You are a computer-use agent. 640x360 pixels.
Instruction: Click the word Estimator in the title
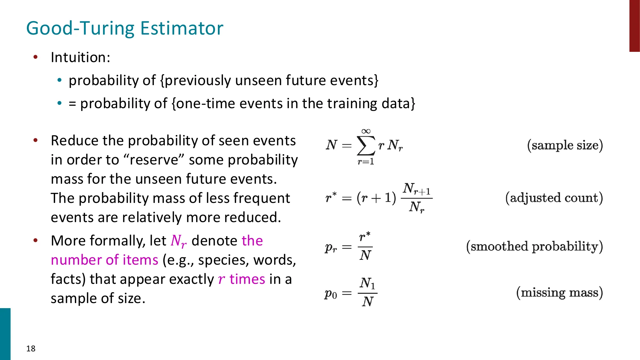(181, 28)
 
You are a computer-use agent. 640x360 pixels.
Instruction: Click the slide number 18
(31, 348)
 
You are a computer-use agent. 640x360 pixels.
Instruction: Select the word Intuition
(80, 58)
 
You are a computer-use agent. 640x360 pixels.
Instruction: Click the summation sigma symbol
(366, 146)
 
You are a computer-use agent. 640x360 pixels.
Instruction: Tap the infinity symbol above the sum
(366, 131)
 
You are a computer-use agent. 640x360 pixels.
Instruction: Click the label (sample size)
(565, 145)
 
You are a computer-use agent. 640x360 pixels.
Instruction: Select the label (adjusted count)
(554, 198)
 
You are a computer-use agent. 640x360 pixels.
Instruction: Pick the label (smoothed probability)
(534, 246)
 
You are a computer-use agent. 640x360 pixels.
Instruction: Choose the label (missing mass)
(559, 292)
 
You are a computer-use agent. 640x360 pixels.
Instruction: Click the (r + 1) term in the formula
(376, 198)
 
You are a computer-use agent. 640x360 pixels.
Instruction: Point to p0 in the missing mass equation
(331, 293)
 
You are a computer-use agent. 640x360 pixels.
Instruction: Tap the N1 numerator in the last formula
(367, 283)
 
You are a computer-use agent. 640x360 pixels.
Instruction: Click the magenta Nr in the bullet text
(178, 241)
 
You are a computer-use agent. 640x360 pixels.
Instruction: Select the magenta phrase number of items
(104, 260)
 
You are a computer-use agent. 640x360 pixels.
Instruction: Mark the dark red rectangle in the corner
(634, 26)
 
